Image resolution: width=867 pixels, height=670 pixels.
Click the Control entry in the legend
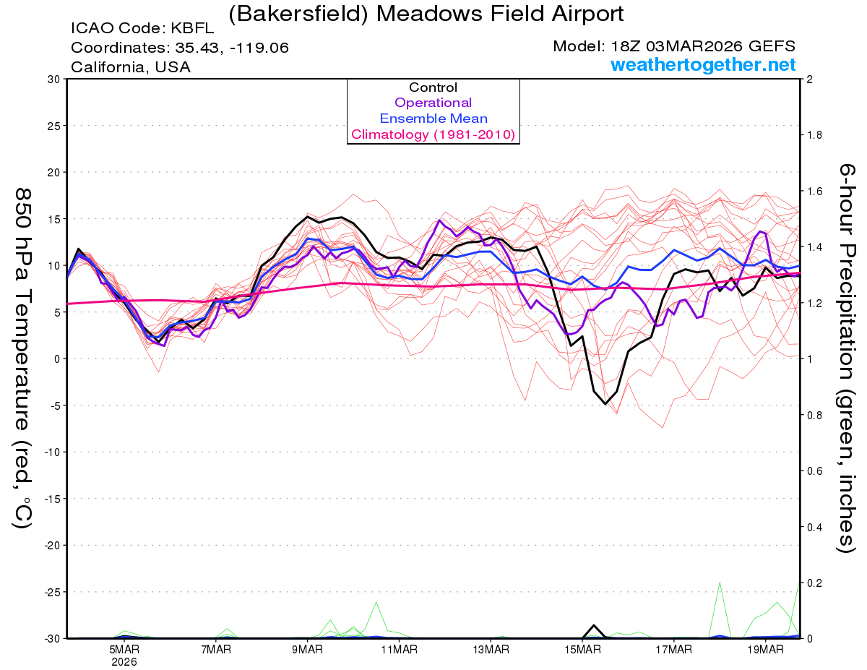click(x=433, y=87)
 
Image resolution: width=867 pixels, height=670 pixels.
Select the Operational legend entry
click(x=433, y=103)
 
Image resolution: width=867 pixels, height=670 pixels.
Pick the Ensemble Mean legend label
click(x=433, y=119)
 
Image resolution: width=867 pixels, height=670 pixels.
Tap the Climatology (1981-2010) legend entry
click(x=433, y=134)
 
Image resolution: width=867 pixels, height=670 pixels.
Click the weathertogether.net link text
click(x=703, y=65)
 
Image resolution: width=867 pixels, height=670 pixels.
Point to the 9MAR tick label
click(x=307, y=649)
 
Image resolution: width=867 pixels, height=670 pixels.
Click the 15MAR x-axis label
click(x=582, y=649)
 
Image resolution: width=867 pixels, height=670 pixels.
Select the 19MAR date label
click(x=764, y=649)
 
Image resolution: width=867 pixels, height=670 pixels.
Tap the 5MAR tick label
click(x=124, y=649)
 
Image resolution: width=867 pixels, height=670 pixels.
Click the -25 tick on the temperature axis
click(x=53, y=592)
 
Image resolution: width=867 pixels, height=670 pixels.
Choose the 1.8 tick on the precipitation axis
click(x=814, y=135)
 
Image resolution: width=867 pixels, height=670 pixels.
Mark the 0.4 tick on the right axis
click(x=814, y=527)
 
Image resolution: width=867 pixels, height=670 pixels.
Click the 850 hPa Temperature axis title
click(x=23, y=358)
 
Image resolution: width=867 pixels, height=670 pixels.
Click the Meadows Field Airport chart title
click(x=426, y=14)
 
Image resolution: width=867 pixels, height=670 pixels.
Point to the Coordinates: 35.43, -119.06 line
click(x=180, y=48)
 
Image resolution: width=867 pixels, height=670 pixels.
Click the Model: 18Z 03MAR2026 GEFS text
click(x=674, y=46)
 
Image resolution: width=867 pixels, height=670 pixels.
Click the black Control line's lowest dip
click(x=605, y=403)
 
